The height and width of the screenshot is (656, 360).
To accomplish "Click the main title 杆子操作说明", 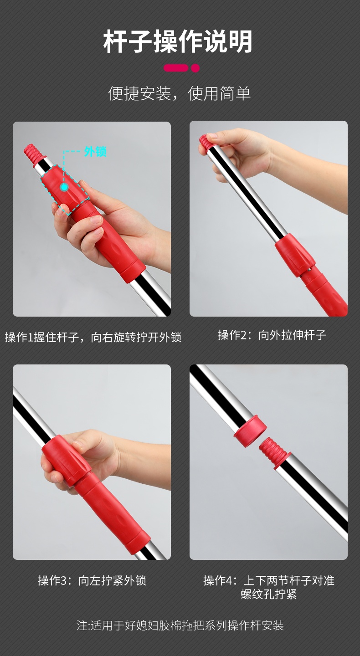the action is tap(178, 41).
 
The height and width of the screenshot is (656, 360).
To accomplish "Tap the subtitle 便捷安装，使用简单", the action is tap(179, 93).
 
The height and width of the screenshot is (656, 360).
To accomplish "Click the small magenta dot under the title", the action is tap(195, 68).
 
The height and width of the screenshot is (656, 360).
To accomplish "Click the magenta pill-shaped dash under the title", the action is tap(176, 68).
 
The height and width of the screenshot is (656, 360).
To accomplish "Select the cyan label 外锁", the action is tap(95, 151).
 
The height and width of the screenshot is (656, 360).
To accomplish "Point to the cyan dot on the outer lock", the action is tap(64, 187).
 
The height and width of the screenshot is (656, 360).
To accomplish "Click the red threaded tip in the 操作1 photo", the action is tap(33, 153).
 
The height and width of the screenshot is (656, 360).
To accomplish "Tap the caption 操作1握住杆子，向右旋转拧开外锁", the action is tap(93, 338).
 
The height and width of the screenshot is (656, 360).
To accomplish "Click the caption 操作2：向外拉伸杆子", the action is tap(272, 335).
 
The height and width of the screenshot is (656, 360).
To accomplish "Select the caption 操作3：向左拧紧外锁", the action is tap(92, 580).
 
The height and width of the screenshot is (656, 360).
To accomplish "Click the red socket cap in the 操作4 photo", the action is tap(250, 431).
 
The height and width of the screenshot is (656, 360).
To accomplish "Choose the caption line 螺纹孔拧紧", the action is tap(268, 594).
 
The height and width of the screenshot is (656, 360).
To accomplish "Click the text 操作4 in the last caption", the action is tap(220, 580).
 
